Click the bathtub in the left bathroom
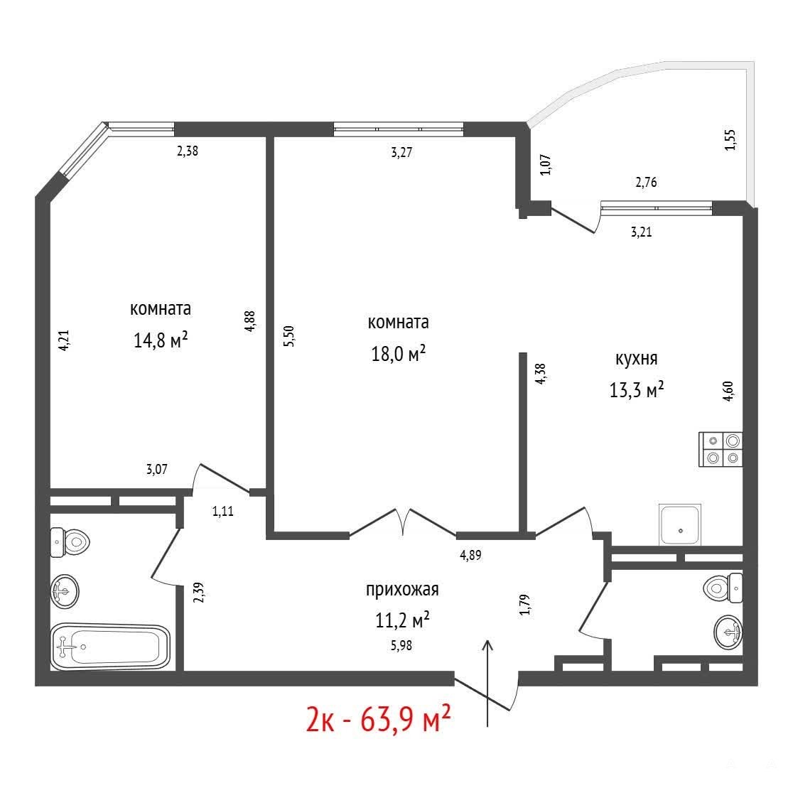point(110,646)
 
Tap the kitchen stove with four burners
point(721,449)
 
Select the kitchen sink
point(680,524)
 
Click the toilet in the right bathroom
point(723,588)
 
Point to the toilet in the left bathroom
point(70,542)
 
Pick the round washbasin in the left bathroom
point(65,590)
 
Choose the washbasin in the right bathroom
point(728,632)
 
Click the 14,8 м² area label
point(161,340)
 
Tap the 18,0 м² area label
point(398,354)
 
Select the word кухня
point(636,359)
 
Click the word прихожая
point(402,590)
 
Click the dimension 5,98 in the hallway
point(401,645)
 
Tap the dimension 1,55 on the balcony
point(730,140)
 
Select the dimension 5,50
point(288,336)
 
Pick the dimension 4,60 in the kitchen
point(728,391)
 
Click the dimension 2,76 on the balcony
point(646,182)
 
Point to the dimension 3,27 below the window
point(401,152)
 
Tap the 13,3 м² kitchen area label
point(636,390)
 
